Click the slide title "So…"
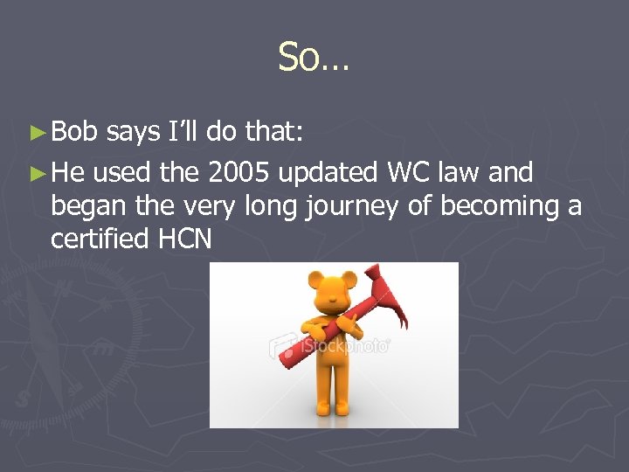314,58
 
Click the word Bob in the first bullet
75,131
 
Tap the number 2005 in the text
240,173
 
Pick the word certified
100,239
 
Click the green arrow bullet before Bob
37,133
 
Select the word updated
331,173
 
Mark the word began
84,207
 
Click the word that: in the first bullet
273,131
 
